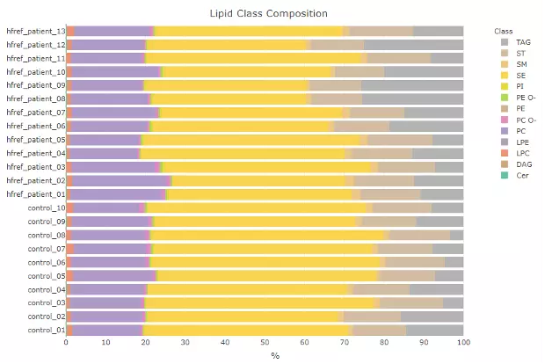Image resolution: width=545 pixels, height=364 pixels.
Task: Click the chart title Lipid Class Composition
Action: (269, 13)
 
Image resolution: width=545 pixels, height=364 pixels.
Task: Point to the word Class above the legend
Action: (504, 31)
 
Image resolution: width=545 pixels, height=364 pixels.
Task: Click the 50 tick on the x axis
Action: (265, 343)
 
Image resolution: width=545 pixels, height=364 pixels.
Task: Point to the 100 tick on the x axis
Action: (463, 343)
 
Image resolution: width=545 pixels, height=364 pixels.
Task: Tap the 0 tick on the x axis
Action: (66, 343)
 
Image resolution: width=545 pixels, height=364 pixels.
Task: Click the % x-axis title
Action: (274, 355)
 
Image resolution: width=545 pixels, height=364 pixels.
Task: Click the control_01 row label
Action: (47, 331)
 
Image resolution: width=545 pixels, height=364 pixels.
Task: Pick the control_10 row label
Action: (47, 207)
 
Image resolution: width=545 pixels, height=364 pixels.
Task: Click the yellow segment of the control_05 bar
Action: (264, 276)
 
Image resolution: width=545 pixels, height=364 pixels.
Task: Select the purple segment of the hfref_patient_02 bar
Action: (123, 180)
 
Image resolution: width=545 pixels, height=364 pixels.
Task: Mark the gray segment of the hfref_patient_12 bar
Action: (413, 44)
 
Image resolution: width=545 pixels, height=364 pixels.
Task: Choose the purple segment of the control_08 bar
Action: (110, 235)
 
